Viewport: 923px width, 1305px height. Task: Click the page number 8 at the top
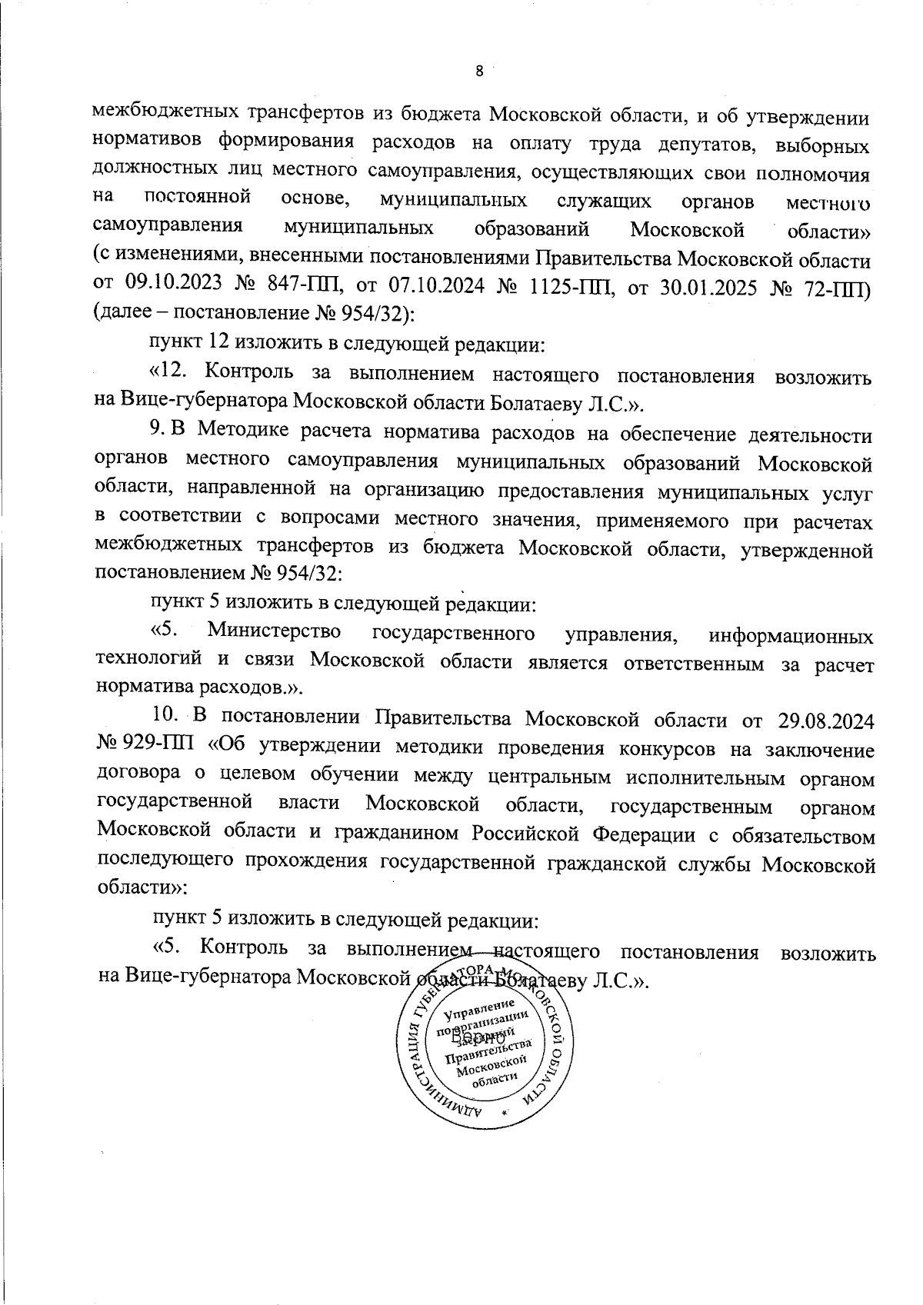click(x=480, y=71)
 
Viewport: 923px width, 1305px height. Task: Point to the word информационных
click(x=791, y=636)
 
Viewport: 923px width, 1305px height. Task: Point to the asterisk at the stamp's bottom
click(x=505, y=1113)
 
